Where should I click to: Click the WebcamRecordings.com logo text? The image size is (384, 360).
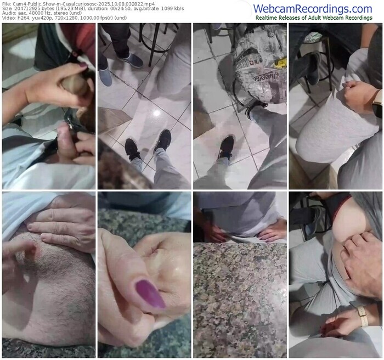(313, 9)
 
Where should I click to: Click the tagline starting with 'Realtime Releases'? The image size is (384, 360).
(314, 18)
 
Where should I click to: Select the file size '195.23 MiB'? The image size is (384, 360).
(53, 9)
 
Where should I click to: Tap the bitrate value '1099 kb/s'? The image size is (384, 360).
(174, 9)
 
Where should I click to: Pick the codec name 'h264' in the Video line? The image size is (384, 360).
(19, 18)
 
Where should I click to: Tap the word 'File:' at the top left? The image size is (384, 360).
(7, 4)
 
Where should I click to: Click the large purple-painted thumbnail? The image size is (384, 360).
(150, 294)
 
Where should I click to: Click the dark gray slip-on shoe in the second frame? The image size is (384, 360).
(131, 60)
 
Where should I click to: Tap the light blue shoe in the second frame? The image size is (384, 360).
(105, 77)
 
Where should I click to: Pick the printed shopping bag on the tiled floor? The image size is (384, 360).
(259, 71)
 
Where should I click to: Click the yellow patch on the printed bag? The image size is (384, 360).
(280, 63)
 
